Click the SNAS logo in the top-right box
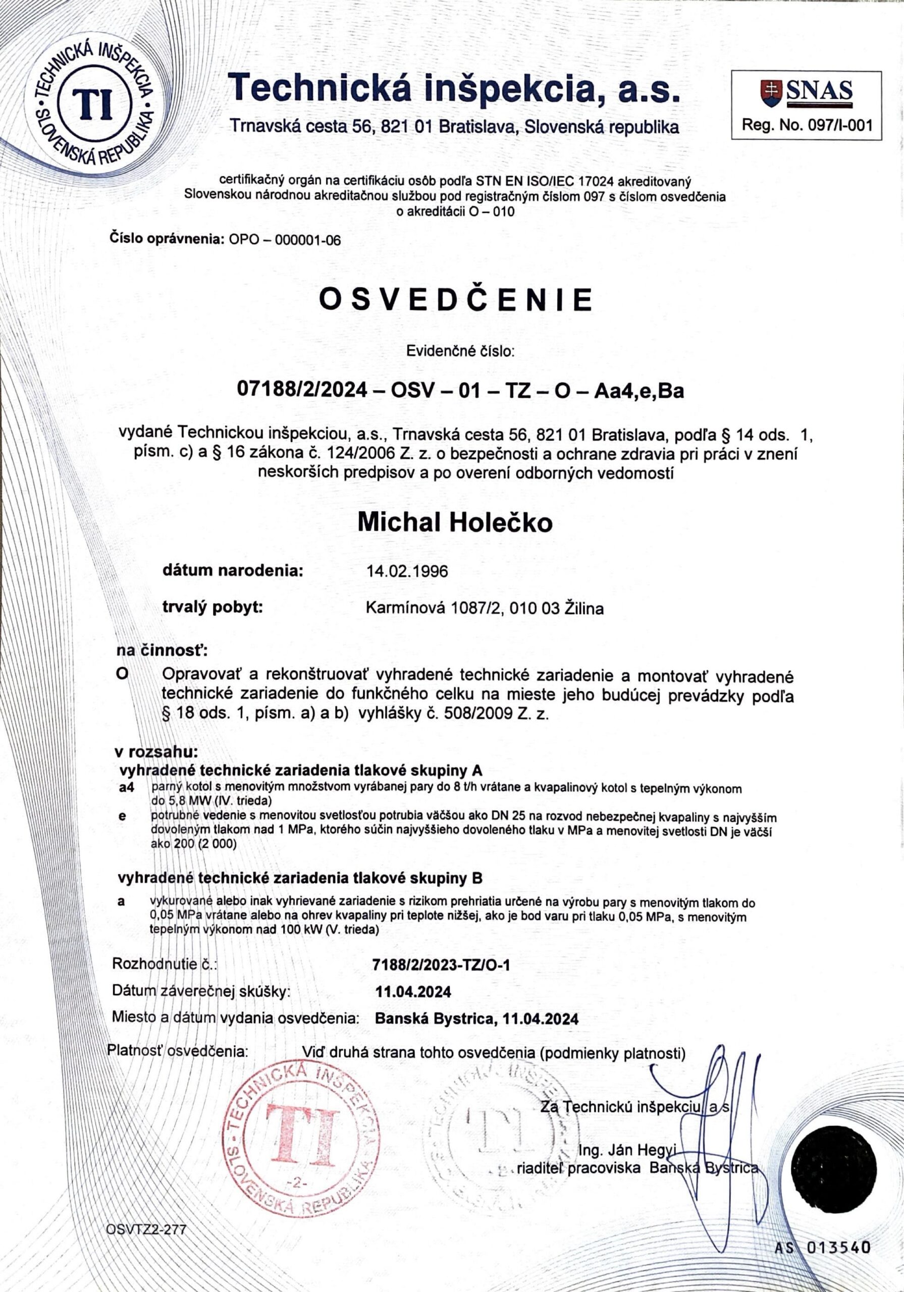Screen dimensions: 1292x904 coord(806,92)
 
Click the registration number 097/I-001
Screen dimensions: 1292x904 coord(806,125)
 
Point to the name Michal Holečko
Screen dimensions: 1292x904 coord(455,523)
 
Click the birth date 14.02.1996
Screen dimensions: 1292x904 coord(407,572)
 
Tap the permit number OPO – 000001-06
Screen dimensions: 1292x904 coord(285,240)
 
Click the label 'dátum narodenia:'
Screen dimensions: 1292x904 coord(233,571)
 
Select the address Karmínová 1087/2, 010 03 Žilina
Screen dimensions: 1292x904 coord(485,608)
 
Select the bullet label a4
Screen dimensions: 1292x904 coord(127,789)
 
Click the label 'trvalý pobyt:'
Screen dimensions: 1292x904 coord(213,607)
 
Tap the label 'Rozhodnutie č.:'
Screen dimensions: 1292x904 coord(165,964)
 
